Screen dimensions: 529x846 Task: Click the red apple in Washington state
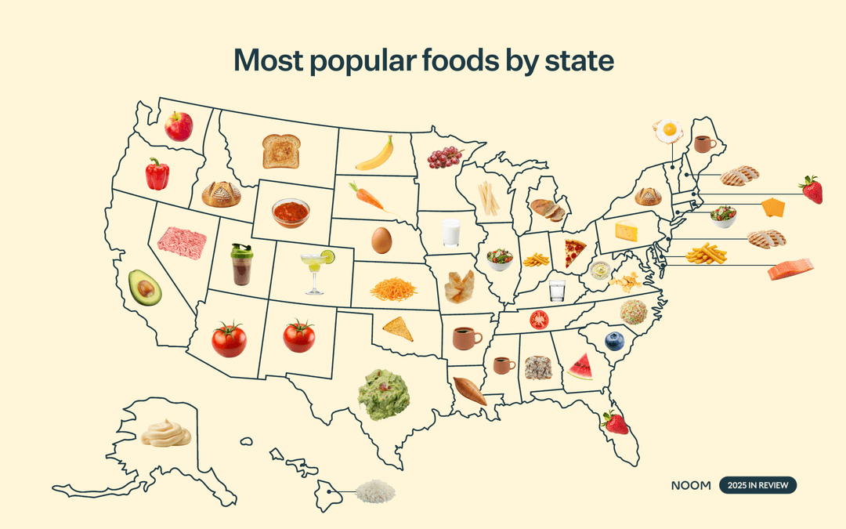[179, 126]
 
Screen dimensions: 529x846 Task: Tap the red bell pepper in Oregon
[157, 174]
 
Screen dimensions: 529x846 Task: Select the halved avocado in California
[145, 288]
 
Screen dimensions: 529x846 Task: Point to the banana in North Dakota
[374, 154]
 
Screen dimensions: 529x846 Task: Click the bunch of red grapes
[443, 158]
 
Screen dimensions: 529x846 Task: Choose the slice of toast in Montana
[280, 150]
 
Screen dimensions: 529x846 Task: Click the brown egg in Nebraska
[381, 240]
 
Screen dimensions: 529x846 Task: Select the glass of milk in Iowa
[450, 233]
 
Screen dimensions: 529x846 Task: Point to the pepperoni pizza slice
[576, 253]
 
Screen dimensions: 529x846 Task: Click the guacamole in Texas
[384, 394]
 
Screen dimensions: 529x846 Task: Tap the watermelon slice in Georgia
[580, 367]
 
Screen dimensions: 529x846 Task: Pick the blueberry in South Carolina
[615, 341]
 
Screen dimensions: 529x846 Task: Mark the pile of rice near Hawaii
[375, 492]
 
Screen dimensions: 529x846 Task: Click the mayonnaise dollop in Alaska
[166, 432]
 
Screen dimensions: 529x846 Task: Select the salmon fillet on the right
[790, 270]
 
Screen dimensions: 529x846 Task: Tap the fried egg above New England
[668, 130]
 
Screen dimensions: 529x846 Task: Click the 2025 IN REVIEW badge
[757, 485]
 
